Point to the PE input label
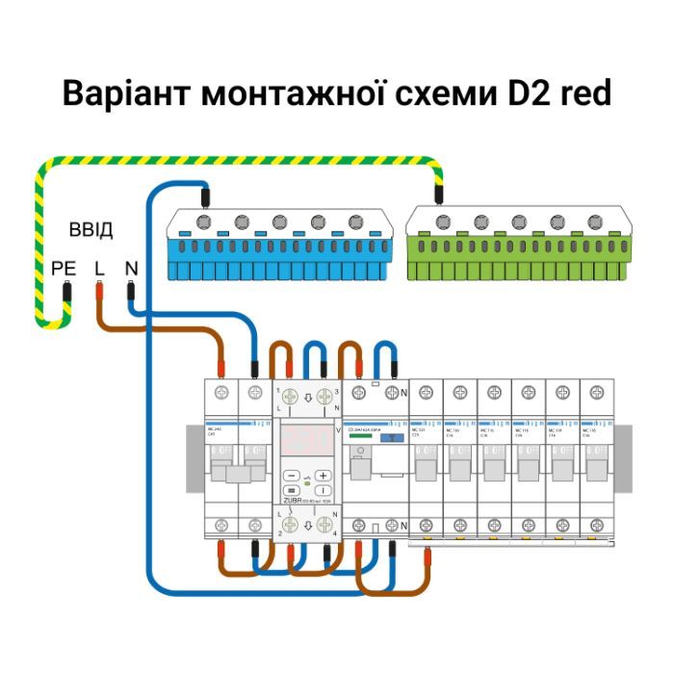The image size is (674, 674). click(64, 269)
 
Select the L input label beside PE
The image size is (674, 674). click(99, 269)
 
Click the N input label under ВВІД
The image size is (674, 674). click(131, 269)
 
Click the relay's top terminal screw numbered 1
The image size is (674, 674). click(292, 396)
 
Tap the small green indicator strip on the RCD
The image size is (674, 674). click(359, 438)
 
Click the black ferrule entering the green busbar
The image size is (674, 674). click(439, 195)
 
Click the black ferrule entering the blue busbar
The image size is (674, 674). click(205, 195)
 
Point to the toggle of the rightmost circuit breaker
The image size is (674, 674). click(595, 469)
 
